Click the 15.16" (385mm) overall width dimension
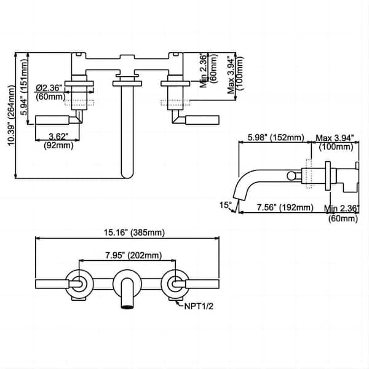[x=134, y=232]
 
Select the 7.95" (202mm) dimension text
[x=133, y=255]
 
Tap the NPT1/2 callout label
[x=199, y=306]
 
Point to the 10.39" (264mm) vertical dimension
[x=11, y=116]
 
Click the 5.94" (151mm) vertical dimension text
[x=24, y=87]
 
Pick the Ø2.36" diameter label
[x=49, y=88]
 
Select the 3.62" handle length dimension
[x=58, y=137]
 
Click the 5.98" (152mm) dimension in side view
[x=276, y=137]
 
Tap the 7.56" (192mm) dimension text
[x=285, y=207]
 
